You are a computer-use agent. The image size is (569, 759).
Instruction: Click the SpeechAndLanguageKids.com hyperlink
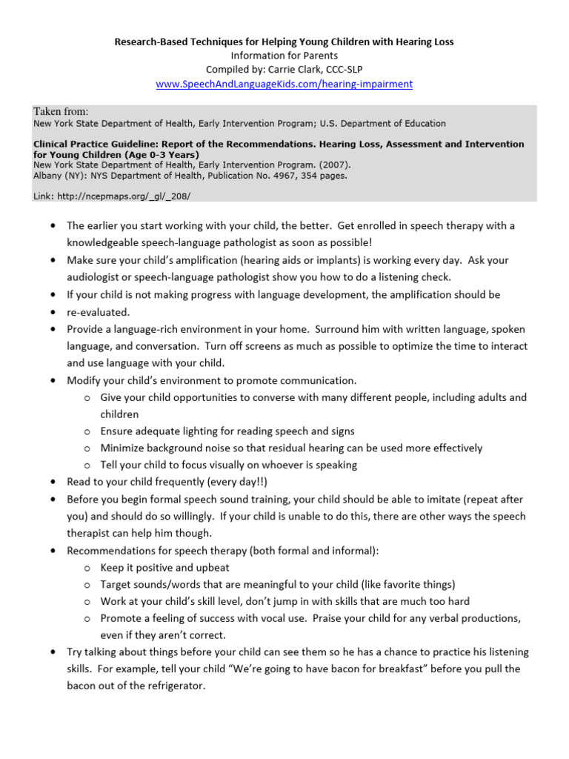point(284,84)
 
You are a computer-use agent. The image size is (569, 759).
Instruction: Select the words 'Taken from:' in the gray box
point(61,111)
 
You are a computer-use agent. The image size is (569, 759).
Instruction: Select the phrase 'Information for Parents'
point(284,56)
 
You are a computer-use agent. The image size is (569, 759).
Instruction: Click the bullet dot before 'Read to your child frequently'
point(54,482)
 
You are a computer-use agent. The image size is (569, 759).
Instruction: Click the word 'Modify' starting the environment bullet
point(83,380)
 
